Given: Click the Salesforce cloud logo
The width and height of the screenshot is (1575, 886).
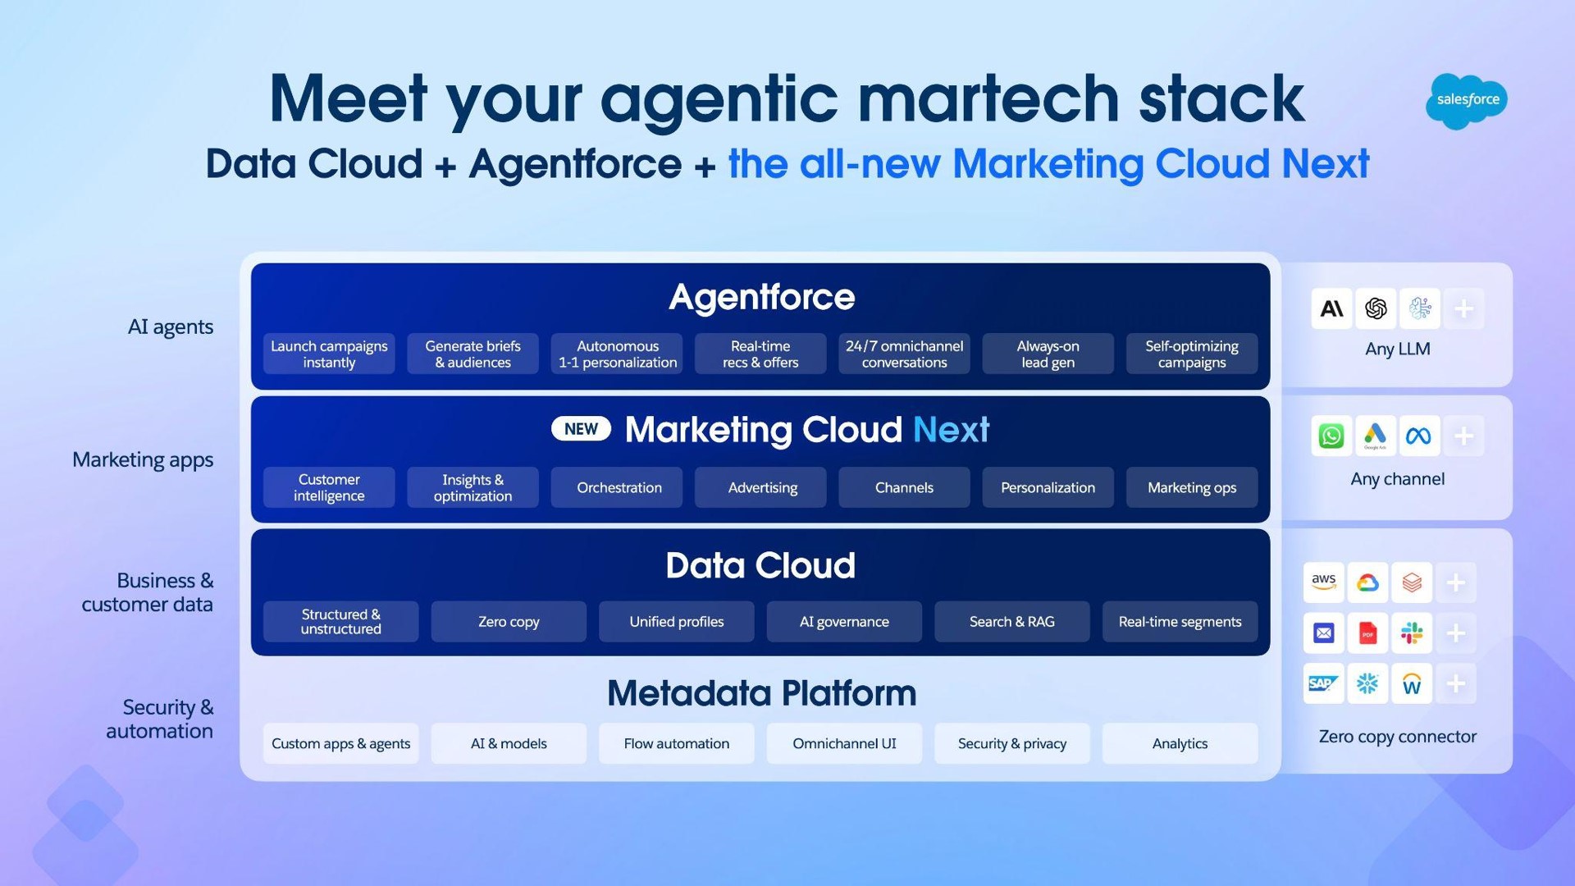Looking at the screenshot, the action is [1467, 101].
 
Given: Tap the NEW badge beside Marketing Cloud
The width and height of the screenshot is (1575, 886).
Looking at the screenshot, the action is [581, 429].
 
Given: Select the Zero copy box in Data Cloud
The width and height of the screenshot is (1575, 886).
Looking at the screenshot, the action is [509, 622].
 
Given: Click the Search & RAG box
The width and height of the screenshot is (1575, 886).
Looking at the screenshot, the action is [1012, 622].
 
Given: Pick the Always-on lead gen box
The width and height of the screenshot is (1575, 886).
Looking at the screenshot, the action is [1048, 354].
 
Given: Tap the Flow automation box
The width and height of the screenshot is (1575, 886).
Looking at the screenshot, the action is [677, 743].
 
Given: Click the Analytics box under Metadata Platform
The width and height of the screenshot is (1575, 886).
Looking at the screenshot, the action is [1180, 743].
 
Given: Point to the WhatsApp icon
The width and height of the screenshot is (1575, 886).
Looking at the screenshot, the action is [1331, 436].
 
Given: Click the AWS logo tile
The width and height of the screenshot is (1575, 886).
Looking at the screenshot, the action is [1324, 582].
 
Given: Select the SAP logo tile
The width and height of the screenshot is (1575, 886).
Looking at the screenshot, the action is [1324, 683].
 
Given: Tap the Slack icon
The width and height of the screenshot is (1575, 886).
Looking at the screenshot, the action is [1412, 633].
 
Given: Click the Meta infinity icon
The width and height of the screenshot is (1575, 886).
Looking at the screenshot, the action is [1419, 436].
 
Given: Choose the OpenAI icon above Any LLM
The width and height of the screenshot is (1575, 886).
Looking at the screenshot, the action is [1376, 308].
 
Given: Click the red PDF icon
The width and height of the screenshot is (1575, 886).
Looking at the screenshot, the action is [1367, 633].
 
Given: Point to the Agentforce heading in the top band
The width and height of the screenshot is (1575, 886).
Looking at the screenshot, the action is [762, 297].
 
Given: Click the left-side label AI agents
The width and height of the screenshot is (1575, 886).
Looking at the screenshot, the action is [171, 327].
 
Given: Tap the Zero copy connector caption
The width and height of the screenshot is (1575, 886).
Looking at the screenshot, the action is [1398, 737].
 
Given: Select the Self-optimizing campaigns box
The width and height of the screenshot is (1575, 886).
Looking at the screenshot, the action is [1192, 354].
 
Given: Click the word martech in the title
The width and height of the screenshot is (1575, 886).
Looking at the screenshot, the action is [988, 98].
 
